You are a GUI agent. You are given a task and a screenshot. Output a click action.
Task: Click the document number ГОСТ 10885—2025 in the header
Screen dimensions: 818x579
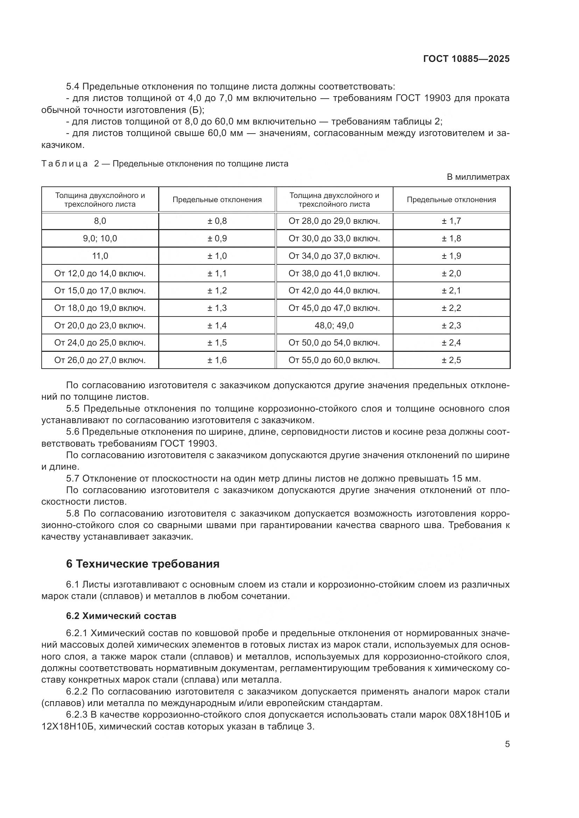pos(466,59)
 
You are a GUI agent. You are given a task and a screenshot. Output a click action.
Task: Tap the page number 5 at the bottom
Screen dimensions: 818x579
pos(507,744)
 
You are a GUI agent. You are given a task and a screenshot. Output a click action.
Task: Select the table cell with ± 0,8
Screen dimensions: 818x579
pos(217,221)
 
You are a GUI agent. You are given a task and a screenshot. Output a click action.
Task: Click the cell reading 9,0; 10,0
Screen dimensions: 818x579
pos(100,239)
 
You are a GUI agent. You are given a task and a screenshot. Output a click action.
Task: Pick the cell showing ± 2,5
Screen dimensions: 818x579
pos(451,360)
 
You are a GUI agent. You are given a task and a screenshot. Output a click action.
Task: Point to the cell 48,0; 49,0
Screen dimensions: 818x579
pos(334,325)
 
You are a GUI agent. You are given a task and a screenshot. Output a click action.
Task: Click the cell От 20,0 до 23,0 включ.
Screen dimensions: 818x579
pos(100,325)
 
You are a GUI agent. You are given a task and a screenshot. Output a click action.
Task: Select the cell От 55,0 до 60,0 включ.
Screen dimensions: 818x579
pos(334,360)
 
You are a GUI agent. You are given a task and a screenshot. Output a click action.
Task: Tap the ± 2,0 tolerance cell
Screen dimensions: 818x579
pos(451,273)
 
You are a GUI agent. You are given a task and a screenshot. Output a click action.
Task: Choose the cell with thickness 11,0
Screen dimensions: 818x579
pos(100,256)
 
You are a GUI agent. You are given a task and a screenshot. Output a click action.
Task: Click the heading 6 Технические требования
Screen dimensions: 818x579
pos(142,564)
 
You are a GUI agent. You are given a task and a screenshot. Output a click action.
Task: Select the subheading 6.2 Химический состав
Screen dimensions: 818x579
pos(121,616)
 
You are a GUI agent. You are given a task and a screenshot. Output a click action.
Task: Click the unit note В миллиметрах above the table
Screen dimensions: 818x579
pos(478,177)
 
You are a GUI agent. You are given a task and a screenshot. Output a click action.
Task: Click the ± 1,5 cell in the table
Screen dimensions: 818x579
pos(217,343)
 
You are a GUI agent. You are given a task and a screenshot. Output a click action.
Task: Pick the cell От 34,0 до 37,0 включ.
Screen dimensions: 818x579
pos(334,256)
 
